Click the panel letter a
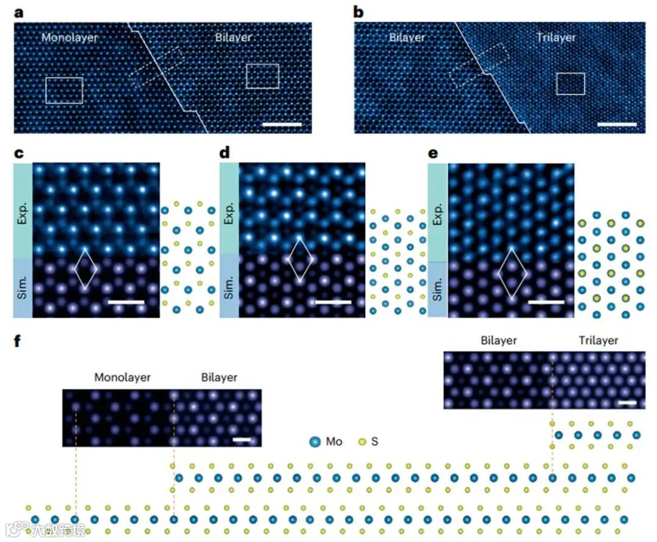click(18, 12)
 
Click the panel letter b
click(360, 12)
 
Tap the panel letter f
click(18, 341)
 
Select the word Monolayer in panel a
click(70, 38)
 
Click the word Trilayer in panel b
click(556, 38)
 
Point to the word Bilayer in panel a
click(233, 38)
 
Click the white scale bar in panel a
click(283, 124)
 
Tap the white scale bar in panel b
click(617, 124)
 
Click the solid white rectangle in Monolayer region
click(64, 90)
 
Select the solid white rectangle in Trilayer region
click(571, 84)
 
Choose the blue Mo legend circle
click(315, 441)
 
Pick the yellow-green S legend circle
click(362, 441)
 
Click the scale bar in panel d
click(333, 302)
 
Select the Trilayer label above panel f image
click(599, 341)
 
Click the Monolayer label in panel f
click(122, 378)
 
